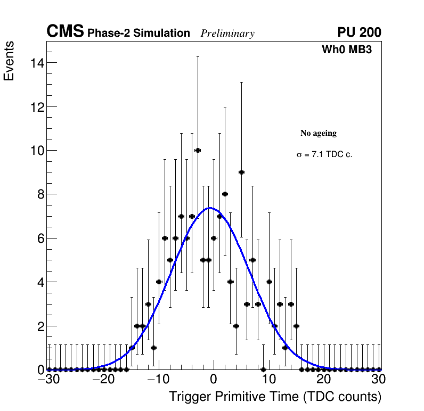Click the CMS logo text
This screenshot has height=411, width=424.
click(65, 32)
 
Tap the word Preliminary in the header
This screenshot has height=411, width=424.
click(227, 34)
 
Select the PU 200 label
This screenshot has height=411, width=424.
click(359, 32)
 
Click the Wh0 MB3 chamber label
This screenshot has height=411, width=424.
click(346, 50)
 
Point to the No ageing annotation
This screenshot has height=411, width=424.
click(319, 133)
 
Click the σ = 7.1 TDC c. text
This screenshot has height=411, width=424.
click(324, 155)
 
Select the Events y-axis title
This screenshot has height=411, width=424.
click(9, 61)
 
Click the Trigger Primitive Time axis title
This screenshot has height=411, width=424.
click(275, 397)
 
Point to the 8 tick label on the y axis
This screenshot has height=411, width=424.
click(39, 194)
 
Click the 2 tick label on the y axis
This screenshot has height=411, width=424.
click(39, 326)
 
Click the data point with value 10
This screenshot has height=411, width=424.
click(198, 150)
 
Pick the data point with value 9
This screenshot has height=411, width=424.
click(241, 172)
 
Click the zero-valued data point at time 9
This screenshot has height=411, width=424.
click(263, 369)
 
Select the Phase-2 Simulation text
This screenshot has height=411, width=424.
click(138, 34)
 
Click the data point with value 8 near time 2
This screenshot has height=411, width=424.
click(225, 194)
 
